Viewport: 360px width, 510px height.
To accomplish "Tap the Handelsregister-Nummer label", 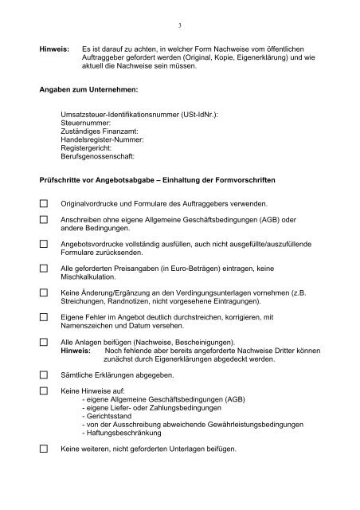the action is tap(103, 140).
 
